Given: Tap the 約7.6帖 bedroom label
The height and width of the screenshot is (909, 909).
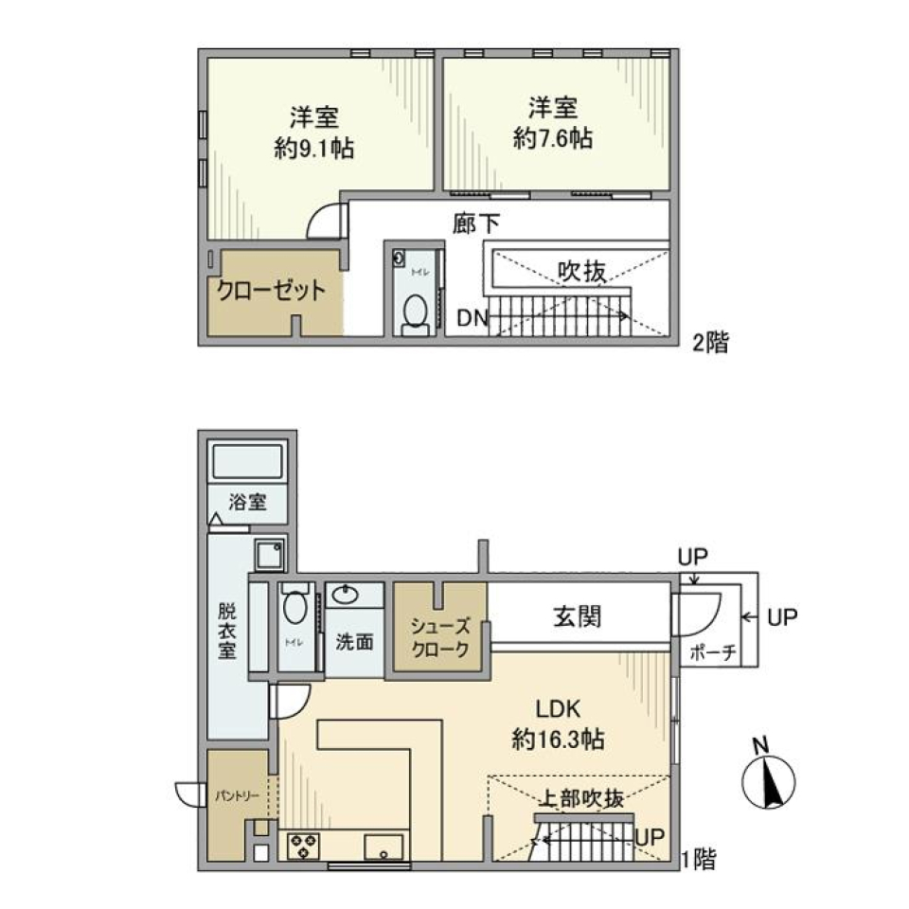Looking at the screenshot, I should pos(554,123).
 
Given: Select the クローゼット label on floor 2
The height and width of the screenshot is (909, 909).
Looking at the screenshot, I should pos(272,291).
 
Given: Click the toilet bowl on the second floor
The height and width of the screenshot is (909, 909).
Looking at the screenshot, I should pos(414,312).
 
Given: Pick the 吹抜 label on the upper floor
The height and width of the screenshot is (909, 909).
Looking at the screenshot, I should pos(580,272).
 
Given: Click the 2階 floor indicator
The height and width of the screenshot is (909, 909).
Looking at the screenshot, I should pos(710,343).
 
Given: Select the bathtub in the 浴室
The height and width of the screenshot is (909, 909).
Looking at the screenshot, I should pos(248,463).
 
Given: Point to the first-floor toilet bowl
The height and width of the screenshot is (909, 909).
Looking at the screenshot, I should pos(294,607).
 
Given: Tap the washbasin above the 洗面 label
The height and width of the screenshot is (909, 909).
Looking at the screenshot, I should pos(346,595).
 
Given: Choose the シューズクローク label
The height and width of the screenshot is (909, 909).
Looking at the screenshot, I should pos(440,637).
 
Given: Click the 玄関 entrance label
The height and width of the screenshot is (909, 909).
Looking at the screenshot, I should pos(578,616).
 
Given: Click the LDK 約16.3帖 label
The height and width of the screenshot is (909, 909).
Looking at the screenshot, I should pos(558,724).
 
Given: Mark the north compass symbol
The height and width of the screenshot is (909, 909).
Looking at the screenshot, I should pos(767,782).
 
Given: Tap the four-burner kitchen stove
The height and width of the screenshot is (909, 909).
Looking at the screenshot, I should pos(305,844).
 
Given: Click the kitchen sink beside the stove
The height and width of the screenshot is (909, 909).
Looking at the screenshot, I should pos(384,846).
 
